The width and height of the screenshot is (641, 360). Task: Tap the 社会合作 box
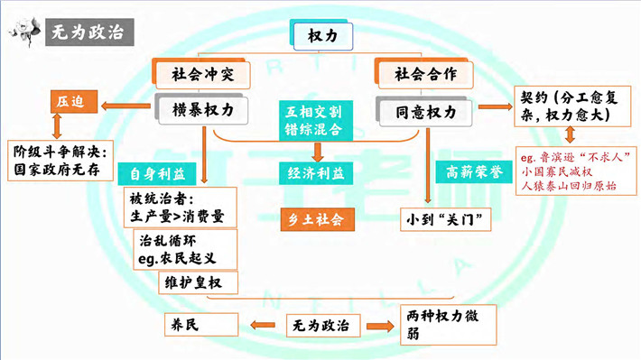424,74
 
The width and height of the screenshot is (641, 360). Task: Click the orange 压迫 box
74,101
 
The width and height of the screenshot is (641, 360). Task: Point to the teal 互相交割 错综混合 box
316,121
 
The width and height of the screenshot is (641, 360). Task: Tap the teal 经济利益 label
316,173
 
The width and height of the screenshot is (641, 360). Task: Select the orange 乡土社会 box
317,219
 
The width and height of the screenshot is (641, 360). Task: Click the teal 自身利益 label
157,174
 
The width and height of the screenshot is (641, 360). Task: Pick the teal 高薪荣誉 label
474,172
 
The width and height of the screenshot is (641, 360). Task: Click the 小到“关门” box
445,220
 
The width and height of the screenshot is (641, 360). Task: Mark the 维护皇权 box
198,282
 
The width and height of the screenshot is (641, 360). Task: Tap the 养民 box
201,325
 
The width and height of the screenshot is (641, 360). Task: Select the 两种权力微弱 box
448,325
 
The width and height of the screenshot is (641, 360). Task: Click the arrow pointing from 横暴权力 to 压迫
125,106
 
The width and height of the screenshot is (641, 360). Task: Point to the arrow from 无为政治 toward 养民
263,326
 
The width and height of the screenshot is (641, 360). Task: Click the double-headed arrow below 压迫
57,125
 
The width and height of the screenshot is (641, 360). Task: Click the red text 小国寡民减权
556,171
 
